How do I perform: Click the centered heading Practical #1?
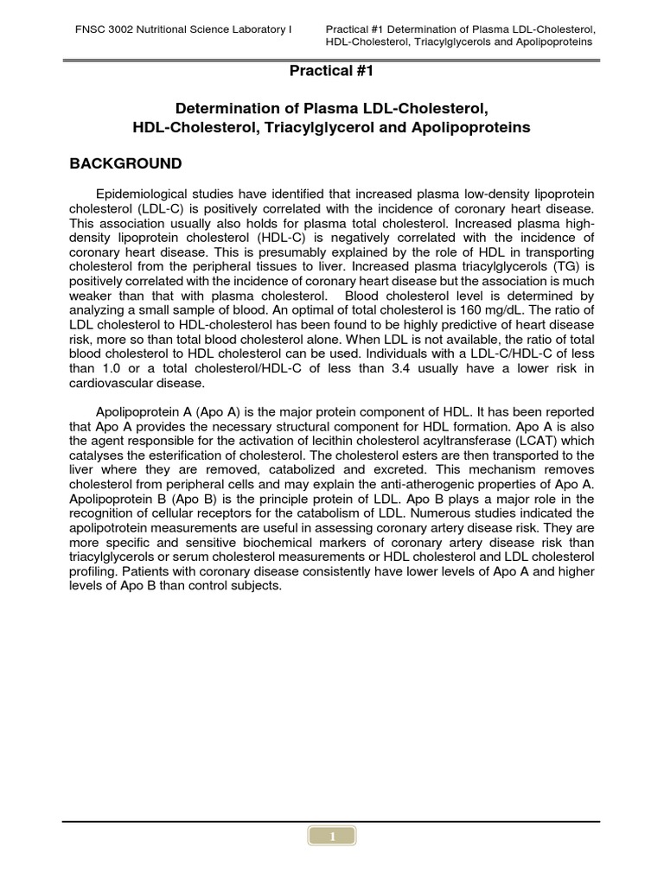coord(332,71)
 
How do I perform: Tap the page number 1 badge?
coord(332,836)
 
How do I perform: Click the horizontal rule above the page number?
coord(332,821)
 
